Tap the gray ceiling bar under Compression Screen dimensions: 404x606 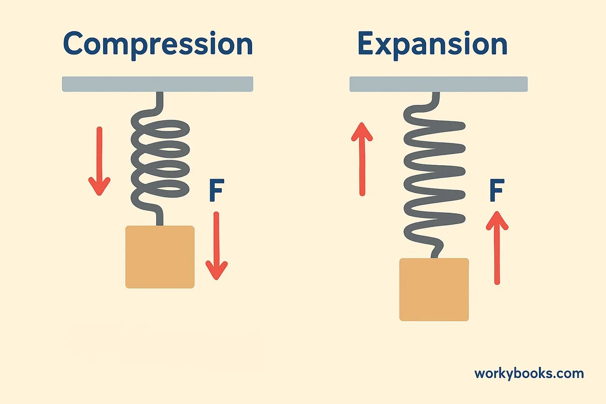pyautogui.click(x=158, y=84)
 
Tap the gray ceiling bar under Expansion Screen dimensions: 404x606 pyautogui.click(x=438, y=84)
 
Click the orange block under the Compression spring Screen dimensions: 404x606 pyautogui.click(x=160, y=257)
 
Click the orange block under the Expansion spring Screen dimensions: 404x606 pyautogui.click(x=434, y=289)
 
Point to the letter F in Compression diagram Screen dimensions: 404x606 pyautogui.click(x=217, y=191)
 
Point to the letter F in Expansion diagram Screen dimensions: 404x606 pyautogui.click(x=497, y=191)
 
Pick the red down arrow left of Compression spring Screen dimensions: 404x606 pyautogui.click(x=99, y=162)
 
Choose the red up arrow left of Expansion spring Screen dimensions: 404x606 pyautogui.click(x=362, y=159)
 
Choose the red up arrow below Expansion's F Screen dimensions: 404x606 pyautogui.click(x=497, y=248)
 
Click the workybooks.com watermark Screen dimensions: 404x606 pyautogui.click(x=529, y=374)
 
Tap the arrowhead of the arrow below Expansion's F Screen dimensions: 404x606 pyautogui.click(x=497, y=221)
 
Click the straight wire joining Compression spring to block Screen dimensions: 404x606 pyautogui.click(x=160, y=218)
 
